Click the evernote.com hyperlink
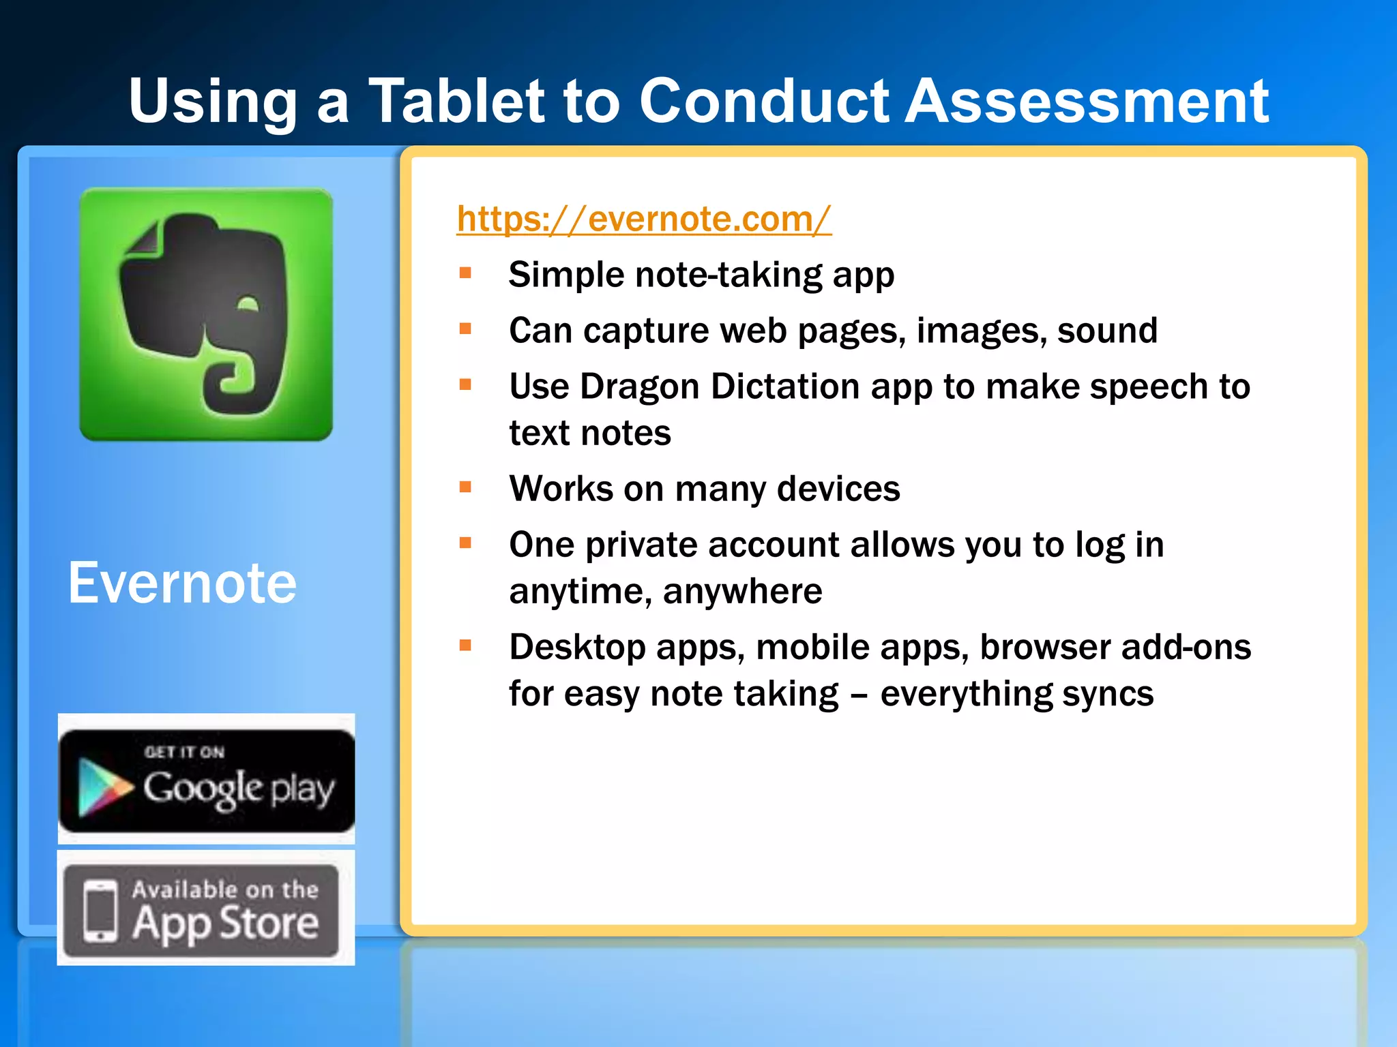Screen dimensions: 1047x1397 (x=643, y=219)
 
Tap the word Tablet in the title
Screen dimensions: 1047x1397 (x=456, y=102)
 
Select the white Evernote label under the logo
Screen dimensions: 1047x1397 (x=182, y=583)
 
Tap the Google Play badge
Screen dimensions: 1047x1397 (x=207, y=780)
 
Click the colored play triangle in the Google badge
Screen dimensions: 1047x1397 (x=102, y=787)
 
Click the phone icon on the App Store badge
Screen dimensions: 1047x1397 (x=100, y=911)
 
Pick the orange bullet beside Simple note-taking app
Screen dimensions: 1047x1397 (x=466, y=274)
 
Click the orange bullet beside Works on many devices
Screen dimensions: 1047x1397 (x=466, y=487)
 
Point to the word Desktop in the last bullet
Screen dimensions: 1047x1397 (x=576, y=648)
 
